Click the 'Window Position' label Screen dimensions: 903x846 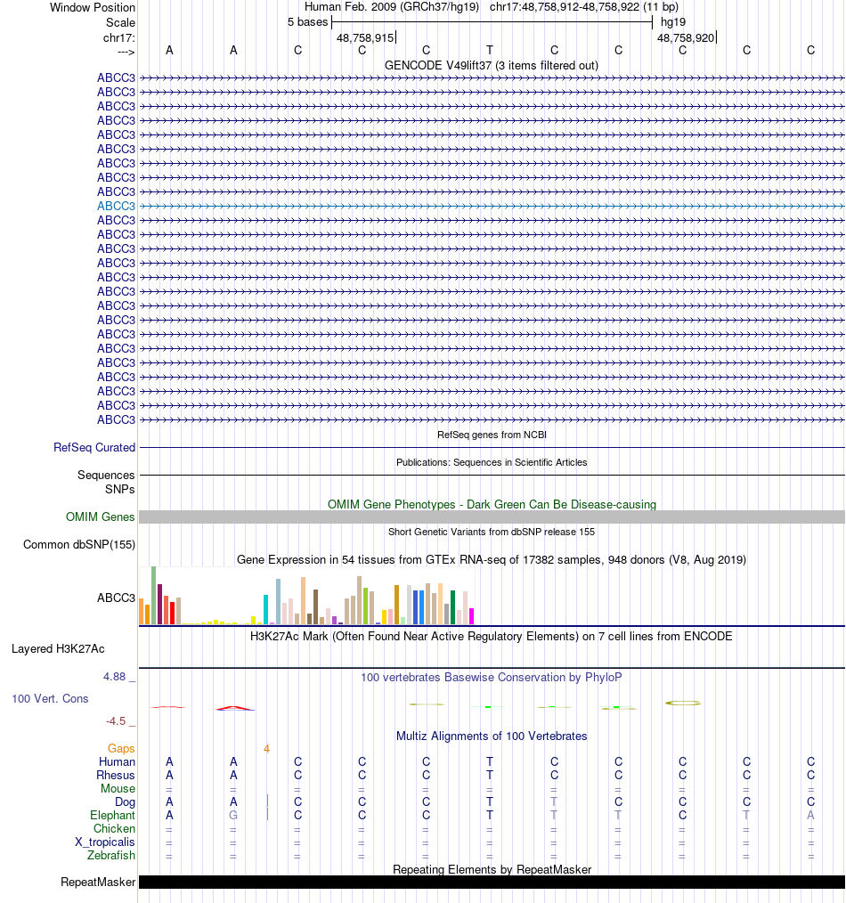(93, 7)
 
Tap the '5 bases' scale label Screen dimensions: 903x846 (307, 22)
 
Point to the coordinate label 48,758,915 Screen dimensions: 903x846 (365, 38)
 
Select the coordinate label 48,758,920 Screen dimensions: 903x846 (686, 38)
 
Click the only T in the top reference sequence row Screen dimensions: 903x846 (490, 50)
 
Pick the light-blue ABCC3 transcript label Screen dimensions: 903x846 (116, 206)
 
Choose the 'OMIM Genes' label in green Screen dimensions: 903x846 (101, 517)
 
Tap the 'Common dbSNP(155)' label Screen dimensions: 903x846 (79, 545)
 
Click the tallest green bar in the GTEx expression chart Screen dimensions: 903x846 (153, 595)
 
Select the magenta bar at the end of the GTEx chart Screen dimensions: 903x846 (472, 615)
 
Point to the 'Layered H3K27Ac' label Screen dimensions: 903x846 (58, 648)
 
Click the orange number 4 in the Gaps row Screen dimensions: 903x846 (266, 749)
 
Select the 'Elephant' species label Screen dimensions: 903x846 (113, 816)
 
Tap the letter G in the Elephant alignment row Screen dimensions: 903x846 (233, 816)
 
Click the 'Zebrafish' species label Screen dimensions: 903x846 (111, 856)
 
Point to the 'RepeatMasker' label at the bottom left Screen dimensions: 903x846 (98, 883)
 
